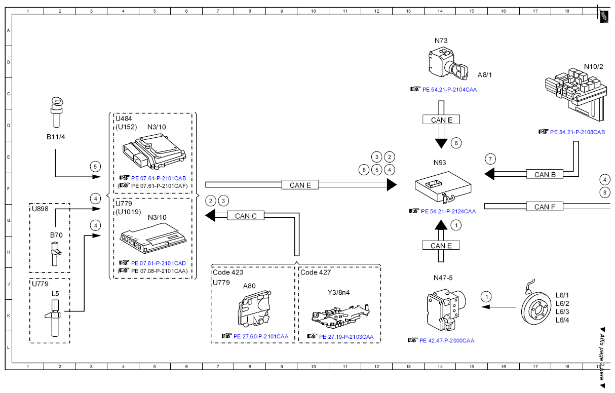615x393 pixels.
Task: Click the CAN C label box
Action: pos(246,216)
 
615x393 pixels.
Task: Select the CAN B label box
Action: pos(545,174)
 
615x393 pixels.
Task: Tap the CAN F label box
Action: pos(545,207)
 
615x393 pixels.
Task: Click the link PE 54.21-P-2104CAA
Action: pos(449,90)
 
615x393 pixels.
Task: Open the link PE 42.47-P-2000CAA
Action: pos(447,340)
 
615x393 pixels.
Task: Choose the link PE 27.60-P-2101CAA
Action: pos(261,336)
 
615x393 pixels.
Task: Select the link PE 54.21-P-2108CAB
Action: pos(578,132)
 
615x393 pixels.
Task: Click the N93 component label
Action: pos(440,163)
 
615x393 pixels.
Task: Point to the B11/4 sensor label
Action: pos(56,137)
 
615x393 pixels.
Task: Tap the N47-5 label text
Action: pos(443,278)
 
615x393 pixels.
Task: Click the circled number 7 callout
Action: pos(490,159)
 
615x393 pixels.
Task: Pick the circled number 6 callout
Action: pos(456,143)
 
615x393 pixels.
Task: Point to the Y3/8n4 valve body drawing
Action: pos(340,316)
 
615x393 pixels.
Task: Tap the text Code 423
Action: pos(228,272)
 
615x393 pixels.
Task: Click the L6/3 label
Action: pos(562,312)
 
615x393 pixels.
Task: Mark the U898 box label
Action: pos(40,209)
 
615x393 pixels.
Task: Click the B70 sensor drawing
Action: pos(56,254)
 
